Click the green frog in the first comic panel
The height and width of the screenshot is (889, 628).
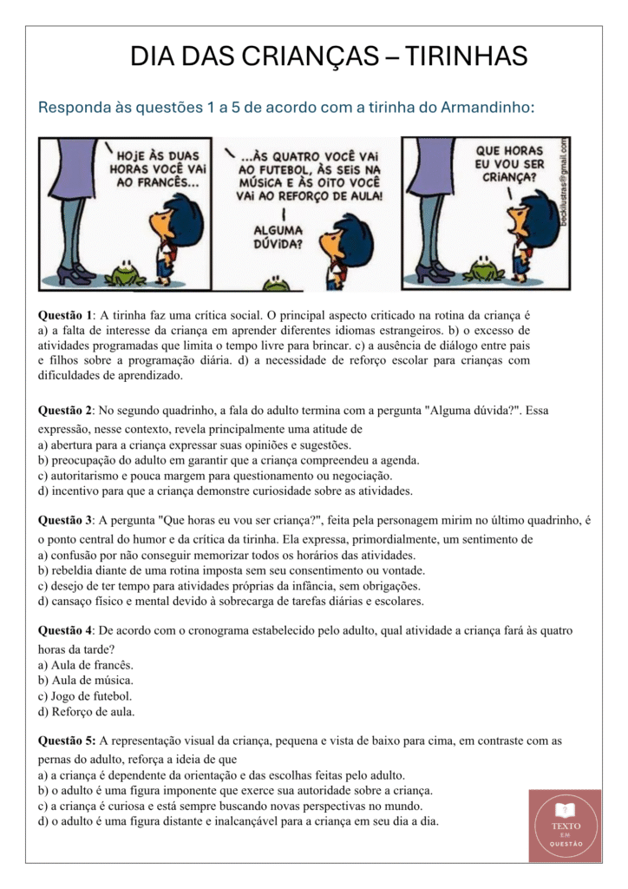[126, 273]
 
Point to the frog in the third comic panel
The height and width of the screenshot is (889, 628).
[483, 269]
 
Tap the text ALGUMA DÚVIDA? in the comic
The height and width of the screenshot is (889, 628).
[278, 236]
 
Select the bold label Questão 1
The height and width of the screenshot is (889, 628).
[68, 316]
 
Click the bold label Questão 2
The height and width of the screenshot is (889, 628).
[68, 410]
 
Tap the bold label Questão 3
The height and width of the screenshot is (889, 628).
[68, 521]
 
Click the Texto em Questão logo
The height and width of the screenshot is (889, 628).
[565, 825]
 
